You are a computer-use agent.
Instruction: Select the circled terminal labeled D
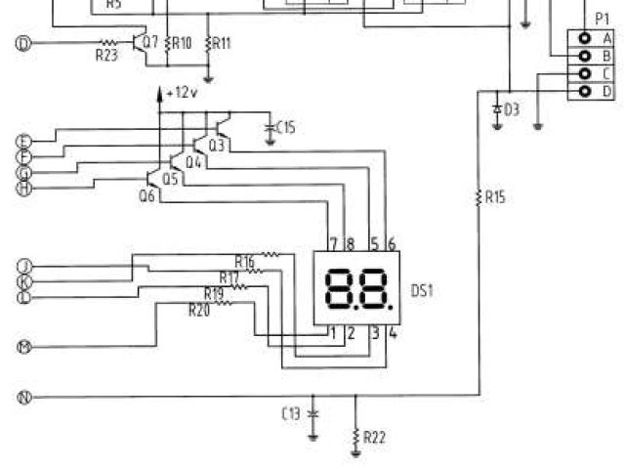[24, 43]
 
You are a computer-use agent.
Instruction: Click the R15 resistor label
[495, 197]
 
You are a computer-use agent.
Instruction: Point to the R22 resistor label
[374, 437]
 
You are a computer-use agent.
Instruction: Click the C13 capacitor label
[291, 413]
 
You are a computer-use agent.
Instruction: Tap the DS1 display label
[423, 290]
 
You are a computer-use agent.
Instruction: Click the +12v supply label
[182, 92]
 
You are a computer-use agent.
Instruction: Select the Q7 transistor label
[149, 42]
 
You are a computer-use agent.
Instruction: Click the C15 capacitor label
[286, 127]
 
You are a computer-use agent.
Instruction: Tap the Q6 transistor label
[147, 195]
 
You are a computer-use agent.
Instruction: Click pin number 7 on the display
[333, 242]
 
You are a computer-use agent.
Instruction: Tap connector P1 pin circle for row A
[585, 37]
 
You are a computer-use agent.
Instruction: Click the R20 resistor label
[198, 310]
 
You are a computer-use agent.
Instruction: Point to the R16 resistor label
[244, 261]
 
